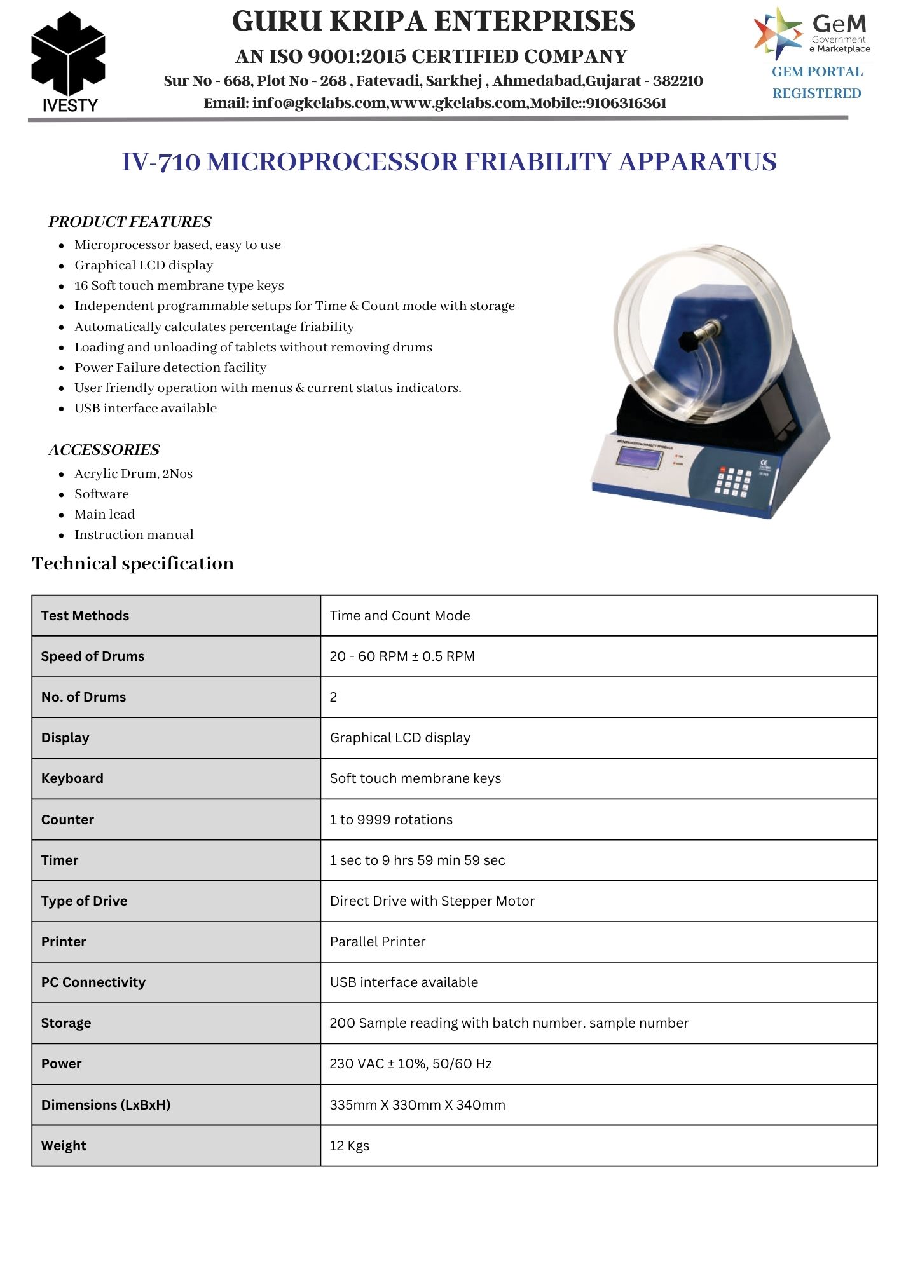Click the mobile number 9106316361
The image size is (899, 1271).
[x=626, y=103]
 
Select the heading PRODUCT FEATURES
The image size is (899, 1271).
[x=130, y=222]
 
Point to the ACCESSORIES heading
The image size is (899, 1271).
[x=104, y=450]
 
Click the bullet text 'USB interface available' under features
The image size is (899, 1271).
[x=146, y=408]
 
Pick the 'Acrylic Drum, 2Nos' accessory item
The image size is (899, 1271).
[x=134, y=473]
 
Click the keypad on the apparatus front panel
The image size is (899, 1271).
[x=734, y=481]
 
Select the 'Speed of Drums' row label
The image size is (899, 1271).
[x=93, y=656]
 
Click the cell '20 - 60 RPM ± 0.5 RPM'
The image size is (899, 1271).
[x=402, y=656]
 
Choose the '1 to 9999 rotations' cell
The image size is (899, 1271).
[x=391, y=820]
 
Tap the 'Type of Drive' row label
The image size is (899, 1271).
[x=84, y=901]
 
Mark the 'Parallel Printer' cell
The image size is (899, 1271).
[x=378, y=942]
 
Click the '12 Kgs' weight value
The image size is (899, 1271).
[x=349, y=1146]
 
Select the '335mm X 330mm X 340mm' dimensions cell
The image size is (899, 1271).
[x=417, y=1105]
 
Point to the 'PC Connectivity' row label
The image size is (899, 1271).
[x=93, y=982]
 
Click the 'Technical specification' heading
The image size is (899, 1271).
[x=133, y=564]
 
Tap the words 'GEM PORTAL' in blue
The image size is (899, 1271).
[x=817, y=72]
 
